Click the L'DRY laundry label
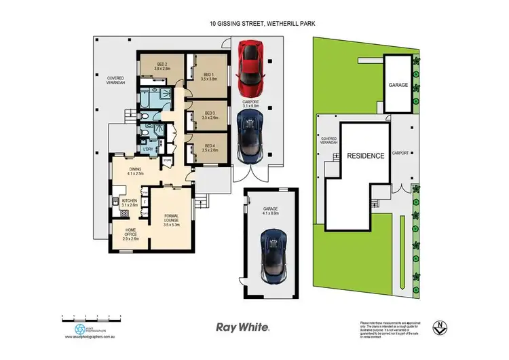pos(147,149)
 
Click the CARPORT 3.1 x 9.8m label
pos(251,104)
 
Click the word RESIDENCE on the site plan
pos(366,156)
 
